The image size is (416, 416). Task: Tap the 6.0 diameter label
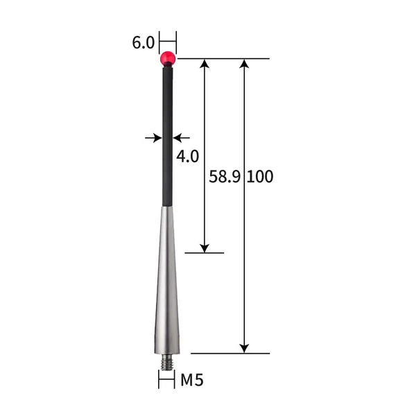click(143, 42)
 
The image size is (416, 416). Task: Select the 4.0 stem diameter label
click(187, 155)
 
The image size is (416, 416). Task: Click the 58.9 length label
click(224, 176)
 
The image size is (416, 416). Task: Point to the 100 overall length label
click(260, 176)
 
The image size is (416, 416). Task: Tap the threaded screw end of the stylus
click(166, 361)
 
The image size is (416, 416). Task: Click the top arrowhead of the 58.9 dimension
click(205, 64)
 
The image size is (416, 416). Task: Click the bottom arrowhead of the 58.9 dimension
click(205, 247)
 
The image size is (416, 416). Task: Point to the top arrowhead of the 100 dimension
click(243, 64)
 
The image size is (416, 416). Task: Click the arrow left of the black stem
click(154, 138)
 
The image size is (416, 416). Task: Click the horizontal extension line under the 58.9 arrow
click(205, 253)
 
